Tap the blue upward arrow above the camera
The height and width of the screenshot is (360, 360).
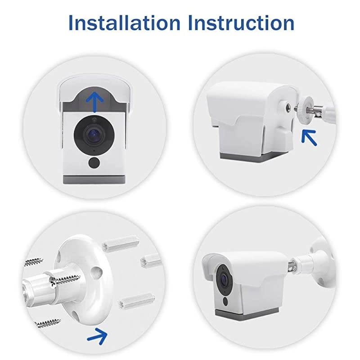pyautogui.click(x=94, y=100)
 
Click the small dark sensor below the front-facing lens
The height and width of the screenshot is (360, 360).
pyautogui.click(x=94, y=162)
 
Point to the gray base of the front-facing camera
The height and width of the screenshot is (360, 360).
pyautogui.click(x=94, y=179)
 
